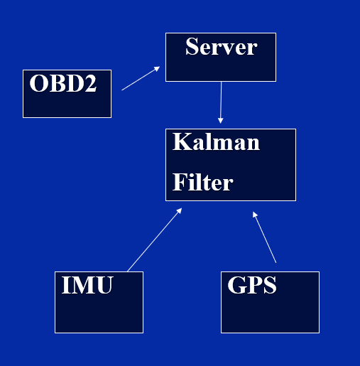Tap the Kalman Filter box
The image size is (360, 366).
click(x=230, y=164)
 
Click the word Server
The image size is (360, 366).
click(x=221, y=48)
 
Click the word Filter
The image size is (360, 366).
click(x=202, y=183)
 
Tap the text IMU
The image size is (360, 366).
click(x=87, y=286)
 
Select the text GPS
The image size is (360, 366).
click(x=251, y=286)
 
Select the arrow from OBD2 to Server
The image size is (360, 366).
click(x=141, y=79)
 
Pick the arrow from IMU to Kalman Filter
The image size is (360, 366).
click(x=154, y=239)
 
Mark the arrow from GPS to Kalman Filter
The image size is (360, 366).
click(x=265, y=237)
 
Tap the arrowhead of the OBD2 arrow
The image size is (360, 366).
click(x=157, y=69)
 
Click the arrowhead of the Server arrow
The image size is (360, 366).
click(x=220, y=121)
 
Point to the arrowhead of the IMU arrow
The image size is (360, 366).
click(x=180, y=210)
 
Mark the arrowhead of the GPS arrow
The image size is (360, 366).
click(x=255, y=213)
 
